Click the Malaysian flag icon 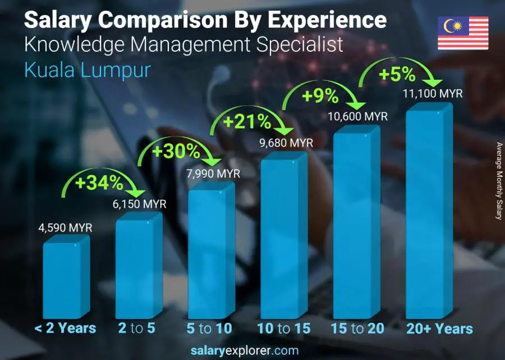[463, 33]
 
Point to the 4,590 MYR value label [65, 227]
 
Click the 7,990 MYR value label [213, 174]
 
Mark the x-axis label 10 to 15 [283, 329]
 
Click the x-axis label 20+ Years [440, 329]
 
